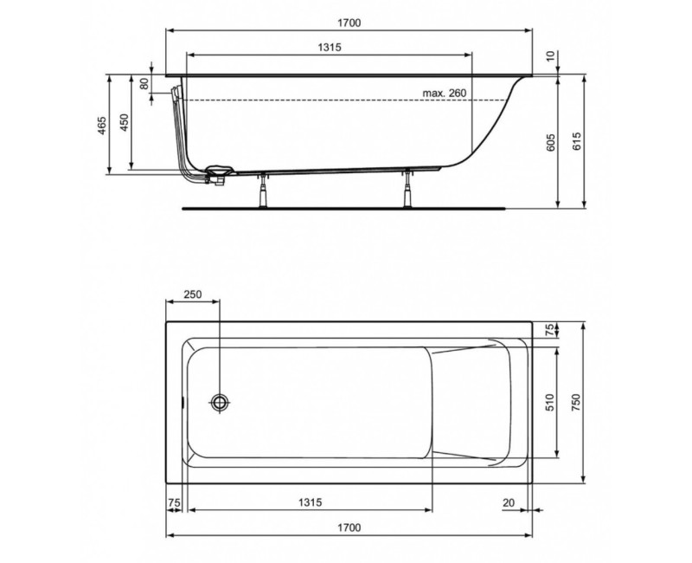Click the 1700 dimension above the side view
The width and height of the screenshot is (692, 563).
coord(349,23)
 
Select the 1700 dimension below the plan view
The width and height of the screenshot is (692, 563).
coord(349,527)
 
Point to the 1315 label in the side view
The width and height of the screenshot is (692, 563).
coord(330,49)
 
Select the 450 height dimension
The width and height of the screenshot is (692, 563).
coord(124,122)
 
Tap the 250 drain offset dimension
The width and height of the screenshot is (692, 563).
coord(193,295)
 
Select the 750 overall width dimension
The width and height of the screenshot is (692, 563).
coord(576,401)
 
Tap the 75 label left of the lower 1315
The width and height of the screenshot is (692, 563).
coord(174,502)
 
